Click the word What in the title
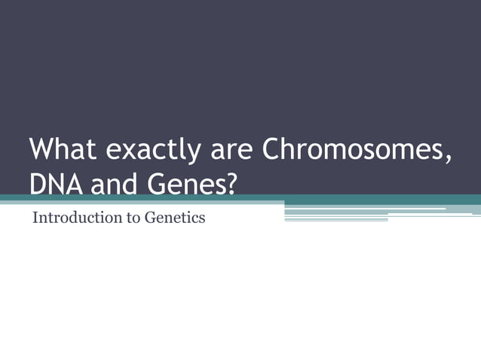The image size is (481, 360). coord(63,149)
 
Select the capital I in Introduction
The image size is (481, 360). coord(35,218)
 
